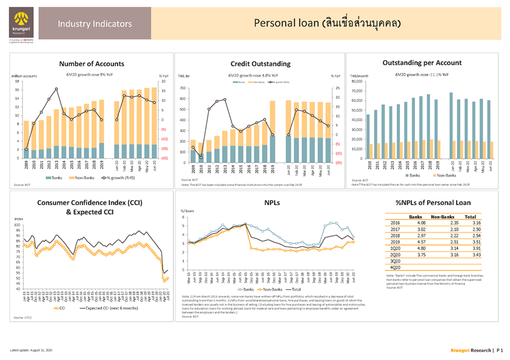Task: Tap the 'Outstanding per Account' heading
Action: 421,63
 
